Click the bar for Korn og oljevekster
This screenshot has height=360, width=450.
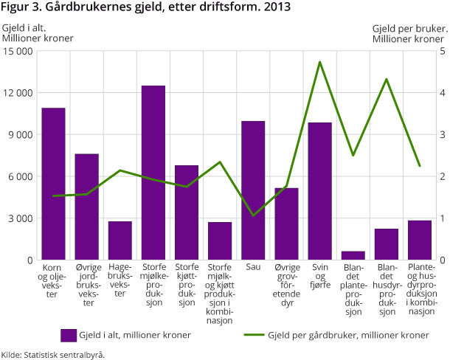tap(53, 184)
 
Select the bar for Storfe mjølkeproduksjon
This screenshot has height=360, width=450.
tap(153, 173)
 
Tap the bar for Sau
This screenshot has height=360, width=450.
tap(253, 190)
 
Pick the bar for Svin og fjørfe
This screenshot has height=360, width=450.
tap(319, 191)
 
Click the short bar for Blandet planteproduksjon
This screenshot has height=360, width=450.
tap(353, 256)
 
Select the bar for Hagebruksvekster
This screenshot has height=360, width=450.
tap(120, 240)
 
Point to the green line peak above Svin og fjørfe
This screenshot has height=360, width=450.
tap(320, 62)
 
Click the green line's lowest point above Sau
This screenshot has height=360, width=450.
tap(253, 215)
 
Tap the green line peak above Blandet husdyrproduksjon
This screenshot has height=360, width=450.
tap(387, 79)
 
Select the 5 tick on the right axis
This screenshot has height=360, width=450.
tap(442, 52)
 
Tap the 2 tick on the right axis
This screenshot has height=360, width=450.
tap(442, 177)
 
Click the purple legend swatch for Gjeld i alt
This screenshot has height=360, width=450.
tap(69, 335)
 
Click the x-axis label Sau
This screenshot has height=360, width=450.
tap(253, 267)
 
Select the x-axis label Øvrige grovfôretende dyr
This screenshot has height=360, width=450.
tap(286, 284)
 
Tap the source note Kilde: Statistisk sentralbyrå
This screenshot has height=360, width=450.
tap(53, 354)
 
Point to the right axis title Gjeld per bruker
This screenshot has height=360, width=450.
tap(408, 28)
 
